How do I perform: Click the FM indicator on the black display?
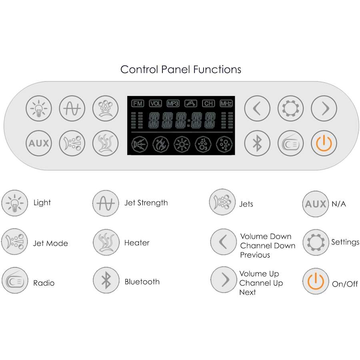[x=138, y=104]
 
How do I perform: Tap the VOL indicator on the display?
[x=156, y=104]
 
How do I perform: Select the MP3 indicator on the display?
[x=173, y=104]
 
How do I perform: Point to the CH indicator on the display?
[x=208, y=104]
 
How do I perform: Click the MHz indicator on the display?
[x=226, y=104]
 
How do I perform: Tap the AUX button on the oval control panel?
[x=39, y=143]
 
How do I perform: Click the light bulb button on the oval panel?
[x=39, y=108]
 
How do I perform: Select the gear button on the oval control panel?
[x=290, y=108]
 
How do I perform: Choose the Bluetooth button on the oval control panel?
[x=257, y=143]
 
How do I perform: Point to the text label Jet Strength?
[x=146, y=203]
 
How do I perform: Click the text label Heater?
[x=137, y=243]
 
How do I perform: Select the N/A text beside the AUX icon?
[x=339, y=204]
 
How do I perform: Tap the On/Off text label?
[x=345, y=284]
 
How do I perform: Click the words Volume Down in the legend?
[x=266, y=236]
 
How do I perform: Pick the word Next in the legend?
[x=248, y=292]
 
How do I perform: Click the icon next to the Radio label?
[x=15, y=280]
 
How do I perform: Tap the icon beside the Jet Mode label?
[x=14, y=242]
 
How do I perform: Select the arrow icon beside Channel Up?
[x=224, y=280]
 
